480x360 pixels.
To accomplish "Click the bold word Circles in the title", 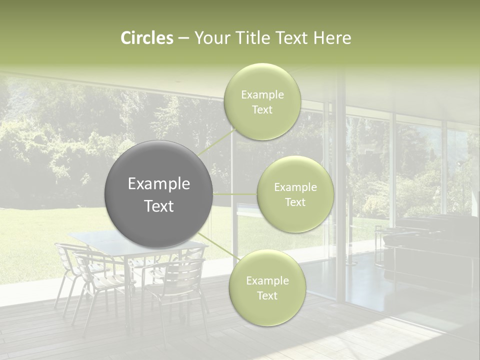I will (x=146, y=38).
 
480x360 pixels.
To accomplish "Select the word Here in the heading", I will (x=332, y=38).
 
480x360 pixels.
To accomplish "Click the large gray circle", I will (x=159, y=194).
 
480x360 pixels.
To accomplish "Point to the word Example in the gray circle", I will (x=159, y=184).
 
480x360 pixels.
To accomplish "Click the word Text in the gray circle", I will (x=159, y=206).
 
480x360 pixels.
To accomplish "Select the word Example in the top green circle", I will (x=262, y=94).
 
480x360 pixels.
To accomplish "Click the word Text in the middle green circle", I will (x=295, y=202).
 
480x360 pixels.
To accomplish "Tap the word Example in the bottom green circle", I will (x=267, y=281).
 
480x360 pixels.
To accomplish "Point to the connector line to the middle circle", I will (x=235, y=194).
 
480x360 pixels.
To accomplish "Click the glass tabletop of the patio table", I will (x=90, y=239).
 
